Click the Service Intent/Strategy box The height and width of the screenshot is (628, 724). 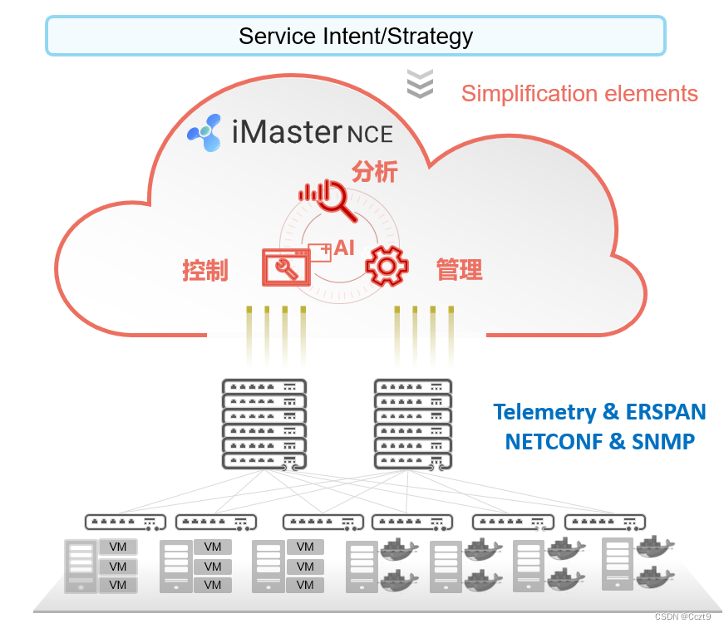point(355,36)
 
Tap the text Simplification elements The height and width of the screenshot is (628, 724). point(579,93)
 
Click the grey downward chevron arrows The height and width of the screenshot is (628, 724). point(421,85)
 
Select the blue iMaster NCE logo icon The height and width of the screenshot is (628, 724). point(205,132)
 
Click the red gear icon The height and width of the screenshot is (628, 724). point(387,267)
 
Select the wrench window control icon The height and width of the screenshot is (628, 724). point(284,267)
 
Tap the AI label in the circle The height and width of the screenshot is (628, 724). point(343,248)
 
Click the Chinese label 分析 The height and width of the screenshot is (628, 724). point(375,172)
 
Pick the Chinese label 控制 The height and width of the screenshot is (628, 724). point(204,270)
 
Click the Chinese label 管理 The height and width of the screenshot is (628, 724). point(459,269)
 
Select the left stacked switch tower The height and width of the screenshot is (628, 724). point(264,424)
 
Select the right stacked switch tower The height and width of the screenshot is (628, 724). point(413,424)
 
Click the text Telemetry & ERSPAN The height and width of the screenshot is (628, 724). point(599,412)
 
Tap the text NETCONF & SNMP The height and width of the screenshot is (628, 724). point(599,441)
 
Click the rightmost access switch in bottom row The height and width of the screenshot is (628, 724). point(604,523)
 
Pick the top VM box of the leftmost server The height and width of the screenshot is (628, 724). point(118,547)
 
